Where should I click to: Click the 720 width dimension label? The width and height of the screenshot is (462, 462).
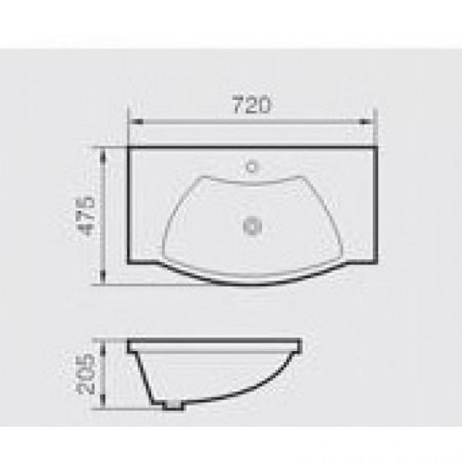251,104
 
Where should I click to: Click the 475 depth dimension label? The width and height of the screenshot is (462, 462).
88,216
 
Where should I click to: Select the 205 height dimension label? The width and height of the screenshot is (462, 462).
86,374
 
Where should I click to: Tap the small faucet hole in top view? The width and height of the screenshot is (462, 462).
251,167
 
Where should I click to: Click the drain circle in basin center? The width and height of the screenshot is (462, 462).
253,227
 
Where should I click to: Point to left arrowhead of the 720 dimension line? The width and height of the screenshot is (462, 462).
136,122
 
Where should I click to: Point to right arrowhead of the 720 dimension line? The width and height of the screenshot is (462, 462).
365,122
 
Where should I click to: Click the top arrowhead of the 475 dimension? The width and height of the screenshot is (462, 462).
102,155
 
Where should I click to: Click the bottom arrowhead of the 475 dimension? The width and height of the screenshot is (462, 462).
102,276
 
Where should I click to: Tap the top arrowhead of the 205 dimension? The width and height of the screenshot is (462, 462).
102,348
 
